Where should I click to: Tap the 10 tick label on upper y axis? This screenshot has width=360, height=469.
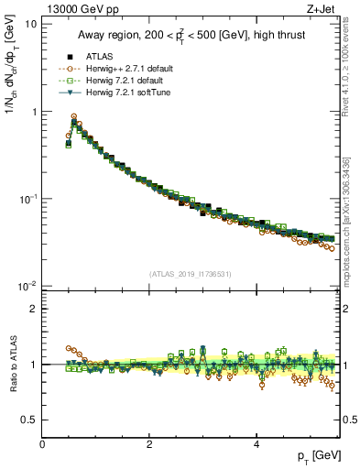tap(30, 24)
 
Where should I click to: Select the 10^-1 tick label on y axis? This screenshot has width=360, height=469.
tap(27, 200)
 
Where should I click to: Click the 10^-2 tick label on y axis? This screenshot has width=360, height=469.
tap(27, 287)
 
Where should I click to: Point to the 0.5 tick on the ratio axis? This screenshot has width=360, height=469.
tap(29, 420)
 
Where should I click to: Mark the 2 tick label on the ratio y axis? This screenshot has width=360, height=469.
tap(34, 309)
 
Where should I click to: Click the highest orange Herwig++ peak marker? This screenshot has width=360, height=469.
tap(73, 116)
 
